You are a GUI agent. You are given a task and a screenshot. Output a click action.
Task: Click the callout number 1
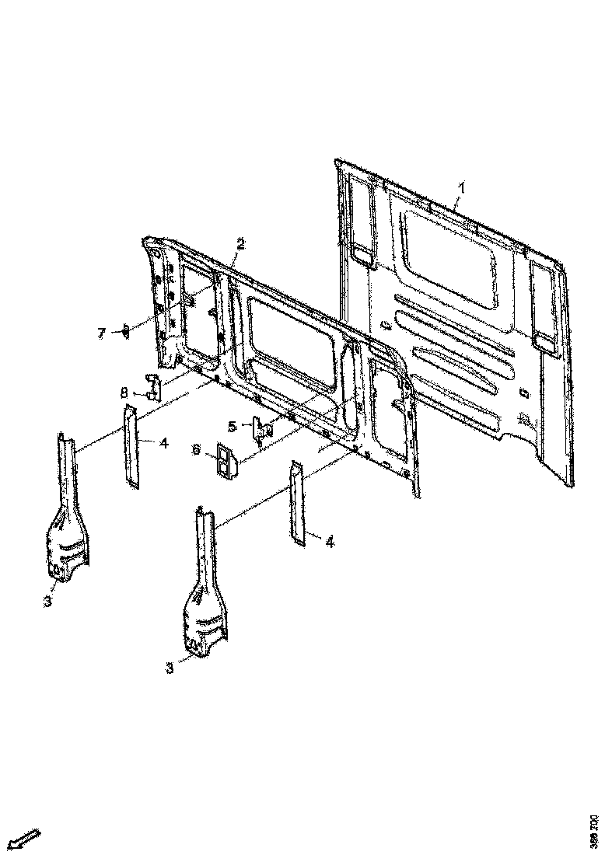click(x=461, y=187)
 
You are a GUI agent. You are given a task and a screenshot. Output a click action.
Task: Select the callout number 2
click(x=240, y=244)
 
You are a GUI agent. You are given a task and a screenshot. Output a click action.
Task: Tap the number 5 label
click(x=232, y=426)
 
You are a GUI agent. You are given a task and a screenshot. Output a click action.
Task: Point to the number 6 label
click(x=197, y=450)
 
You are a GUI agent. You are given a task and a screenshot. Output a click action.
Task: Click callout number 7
click(x=101, y=333)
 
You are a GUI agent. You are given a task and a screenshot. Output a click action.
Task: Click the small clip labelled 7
click(x=124, y=332)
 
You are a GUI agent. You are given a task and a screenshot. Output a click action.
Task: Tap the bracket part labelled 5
click(x=261, y=428)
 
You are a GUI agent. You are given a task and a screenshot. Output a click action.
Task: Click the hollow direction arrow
click(x=26, y=838)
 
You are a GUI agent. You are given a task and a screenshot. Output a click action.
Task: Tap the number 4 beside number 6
click(x=164, y=443)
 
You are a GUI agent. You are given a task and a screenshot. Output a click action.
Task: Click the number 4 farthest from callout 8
click(x=329, y=542)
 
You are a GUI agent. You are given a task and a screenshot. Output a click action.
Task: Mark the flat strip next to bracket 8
click(x=130, y=446)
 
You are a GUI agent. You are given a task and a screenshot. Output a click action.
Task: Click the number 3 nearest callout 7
click(x=47, y=602)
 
